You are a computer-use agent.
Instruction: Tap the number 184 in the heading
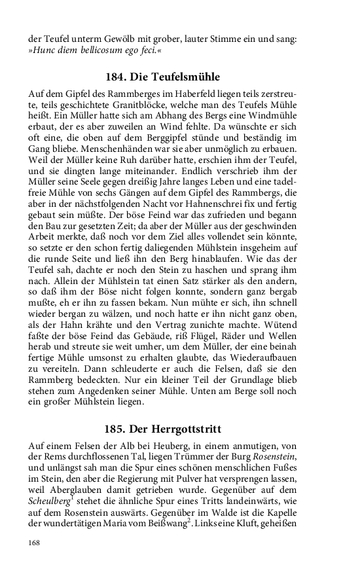click(x=117, y=77)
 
